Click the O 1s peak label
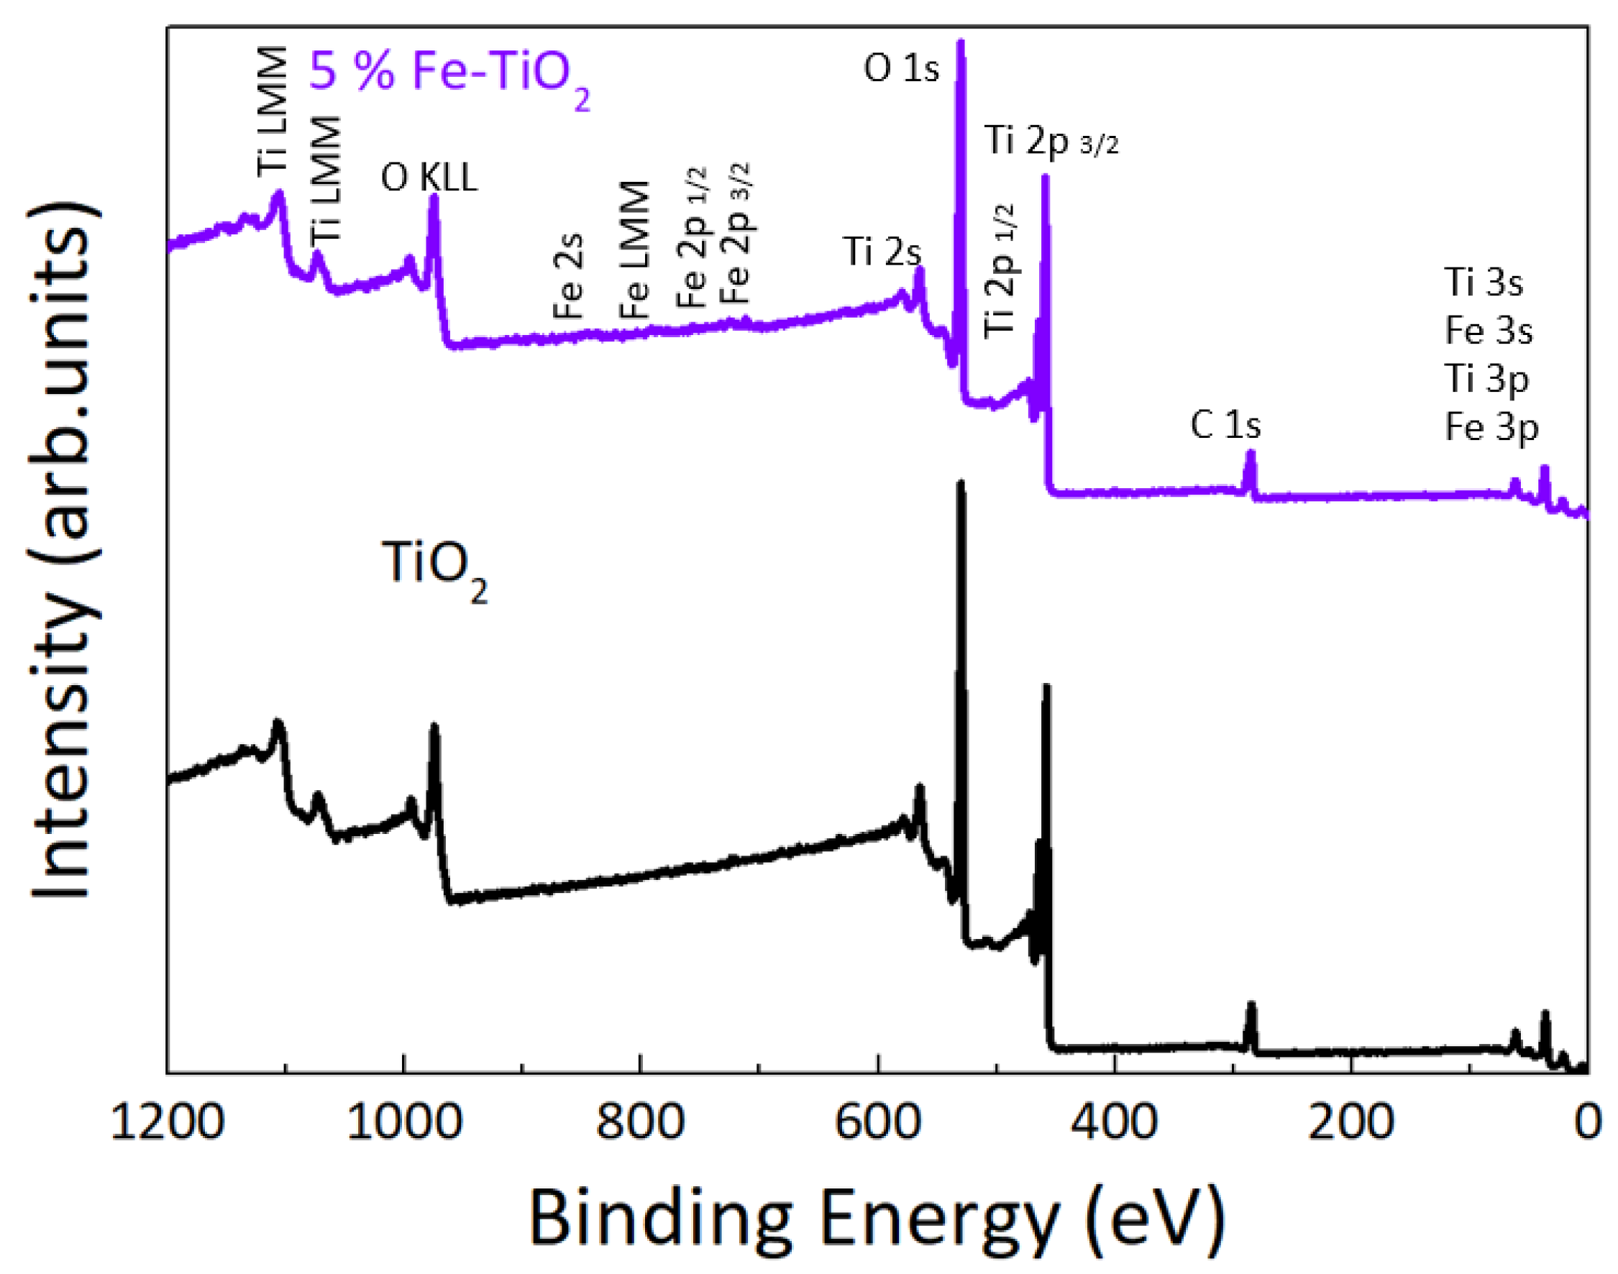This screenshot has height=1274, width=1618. pyautogui.click(x=900, y=68)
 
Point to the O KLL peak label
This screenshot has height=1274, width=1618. pyautogui.click(x=429, y=178)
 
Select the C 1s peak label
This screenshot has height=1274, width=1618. pyautogui.click(x=1225, y=425)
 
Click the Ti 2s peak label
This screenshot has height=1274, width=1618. pyautogui.click(x=882, y=252)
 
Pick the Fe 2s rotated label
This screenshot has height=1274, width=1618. pyautogui.click(x=568, y=276)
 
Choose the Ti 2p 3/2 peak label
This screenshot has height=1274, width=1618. pyautogui.click(x=1051, y=140)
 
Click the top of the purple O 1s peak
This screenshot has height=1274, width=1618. pyautogui.click(x=961, y=43)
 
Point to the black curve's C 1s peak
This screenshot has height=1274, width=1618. pyautogui.click(x=1251, y=1007)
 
